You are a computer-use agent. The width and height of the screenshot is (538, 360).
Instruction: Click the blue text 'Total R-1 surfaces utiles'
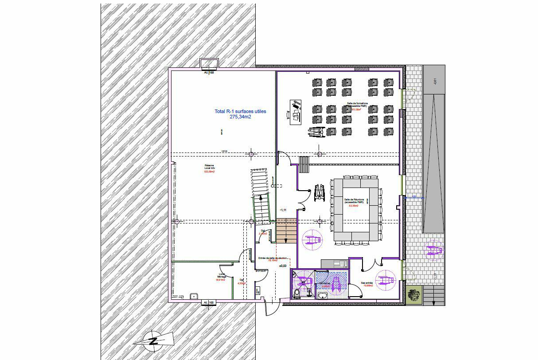(x=240, y=111)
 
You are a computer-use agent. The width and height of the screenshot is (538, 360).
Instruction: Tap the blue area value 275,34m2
(x=240, y=117)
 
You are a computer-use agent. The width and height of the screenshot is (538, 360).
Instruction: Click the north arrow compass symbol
(x=153, y=340)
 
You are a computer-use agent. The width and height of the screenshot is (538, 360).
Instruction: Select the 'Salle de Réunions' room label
(x=354, y=201)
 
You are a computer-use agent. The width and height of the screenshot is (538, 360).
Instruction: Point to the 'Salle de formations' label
(x=357, y=105)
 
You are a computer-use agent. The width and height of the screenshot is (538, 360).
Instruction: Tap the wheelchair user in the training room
(x=317, y=131)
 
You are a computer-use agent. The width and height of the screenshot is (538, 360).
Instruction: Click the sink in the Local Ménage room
(x=193, y=296)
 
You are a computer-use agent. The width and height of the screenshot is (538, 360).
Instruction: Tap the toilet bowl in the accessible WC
(x=296, y=292)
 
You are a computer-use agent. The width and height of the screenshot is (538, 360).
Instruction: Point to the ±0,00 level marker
(x=283, y=266)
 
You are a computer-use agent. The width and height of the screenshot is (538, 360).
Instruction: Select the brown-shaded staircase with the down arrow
(x=286, y=231)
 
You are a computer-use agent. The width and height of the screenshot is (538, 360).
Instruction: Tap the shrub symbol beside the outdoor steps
(x=414, y=294)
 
